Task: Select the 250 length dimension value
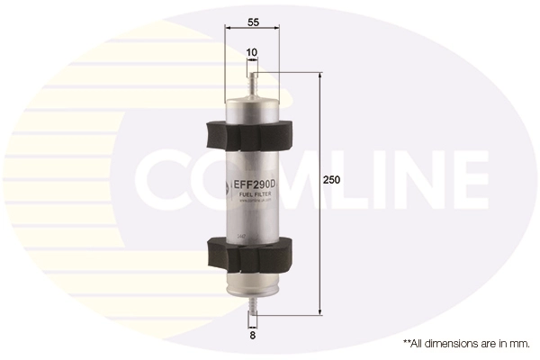click(332, 180)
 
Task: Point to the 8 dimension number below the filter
click(252, 335)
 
